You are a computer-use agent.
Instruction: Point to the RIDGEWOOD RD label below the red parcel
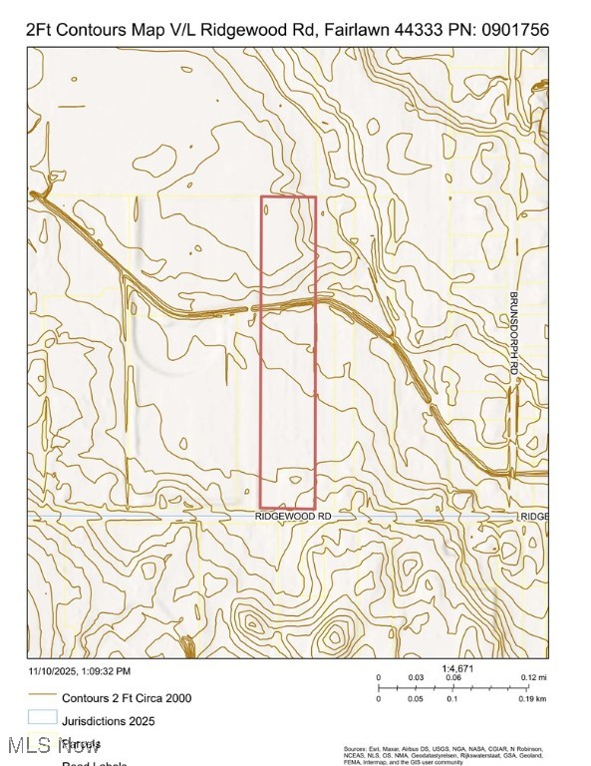click(x=293, y=517)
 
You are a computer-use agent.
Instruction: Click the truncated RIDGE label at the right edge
click(x=533, y=517)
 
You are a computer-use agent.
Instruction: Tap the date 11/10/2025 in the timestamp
click(x=51, y=671)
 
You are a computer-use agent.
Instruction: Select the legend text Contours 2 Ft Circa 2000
click(x=127, y=698)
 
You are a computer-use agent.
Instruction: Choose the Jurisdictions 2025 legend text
click(x=109, y=720)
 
